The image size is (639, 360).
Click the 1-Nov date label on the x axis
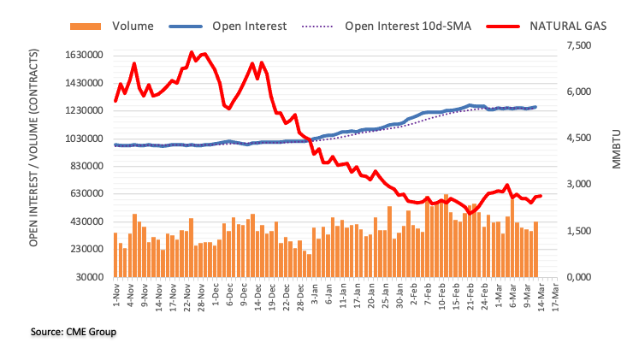[115, 293]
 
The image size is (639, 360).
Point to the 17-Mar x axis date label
[556, 293]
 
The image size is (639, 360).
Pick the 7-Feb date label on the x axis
[427, 293]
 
